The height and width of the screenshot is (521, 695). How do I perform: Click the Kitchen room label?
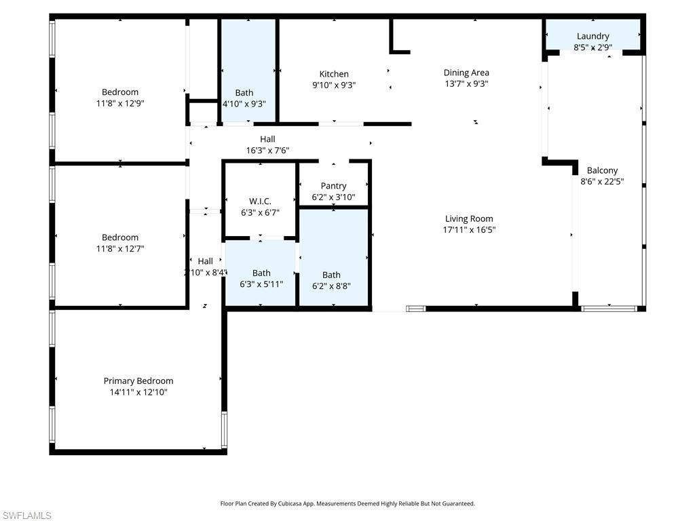(x=334, y=74)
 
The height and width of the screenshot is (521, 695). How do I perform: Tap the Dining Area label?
(x=466, y=73)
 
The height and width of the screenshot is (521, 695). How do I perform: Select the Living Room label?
(x=469, y=218)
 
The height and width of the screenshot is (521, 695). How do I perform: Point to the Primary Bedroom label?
(x=138, y=381)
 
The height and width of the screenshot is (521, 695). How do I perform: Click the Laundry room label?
(x=593, y=36)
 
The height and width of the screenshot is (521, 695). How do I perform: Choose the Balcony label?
(x=603, y=170)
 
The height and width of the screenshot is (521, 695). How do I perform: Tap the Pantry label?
(x=333, y=186)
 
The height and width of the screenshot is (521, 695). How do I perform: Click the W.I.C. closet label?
(x=260, y=201)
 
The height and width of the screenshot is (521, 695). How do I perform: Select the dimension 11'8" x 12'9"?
(x=120, y=103)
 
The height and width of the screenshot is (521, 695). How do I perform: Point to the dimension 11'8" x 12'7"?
(x=120, y=248)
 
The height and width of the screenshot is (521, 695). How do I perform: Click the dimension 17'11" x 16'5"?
(x=469, y=229)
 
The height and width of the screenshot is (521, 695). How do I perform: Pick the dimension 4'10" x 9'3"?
(x=244, y=104)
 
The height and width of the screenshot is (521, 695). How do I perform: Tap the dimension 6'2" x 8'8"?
(x=331, y=286)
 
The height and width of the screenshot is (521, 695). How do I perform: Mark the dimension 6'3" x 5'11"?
(x=261, y=284)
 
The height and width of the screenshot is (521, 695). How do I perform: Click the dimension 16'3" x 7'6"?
(x=267, y=150)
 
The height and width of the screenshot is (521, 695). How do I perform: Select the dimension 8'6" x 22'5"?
(x=603, y=181)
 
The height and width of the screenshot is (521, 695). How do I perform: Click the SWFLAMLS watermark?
(x=26, y=516)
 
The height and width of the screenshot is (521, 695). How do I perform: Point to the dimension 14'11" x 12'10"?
(x=138, y=391)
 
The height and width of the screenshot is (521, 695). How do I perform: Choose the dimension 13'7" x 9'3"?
(x=466, y=83)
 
